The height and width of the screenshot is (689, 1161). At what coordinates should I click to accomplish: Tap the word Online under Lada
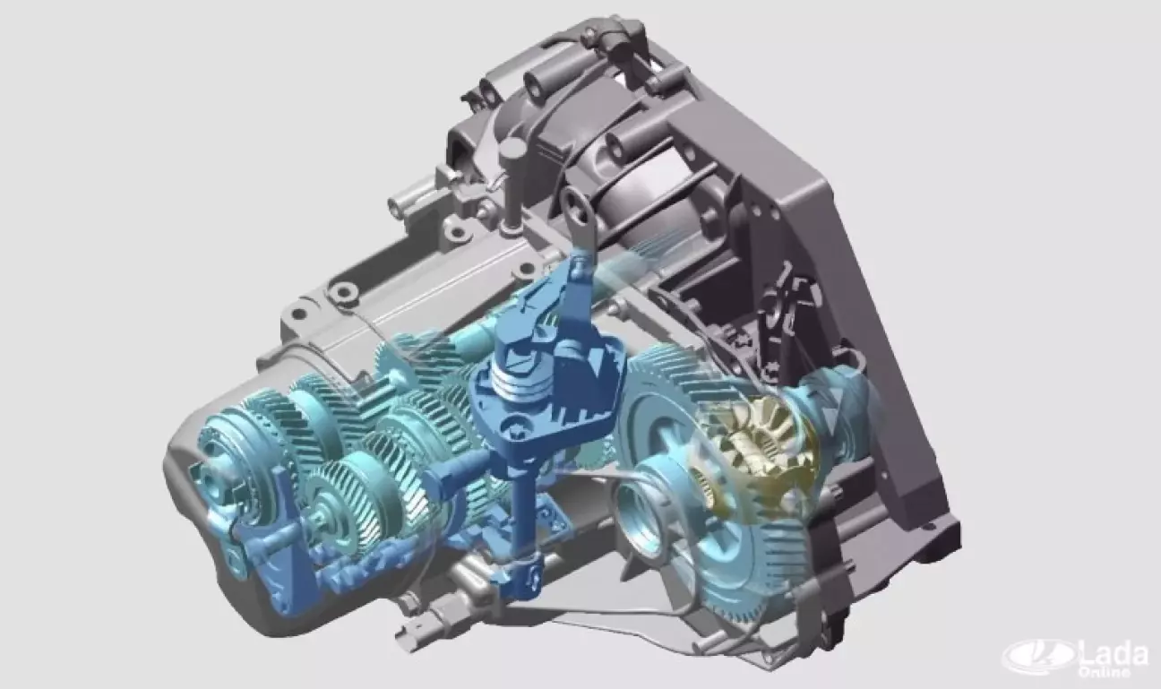click(x=1104, y=672)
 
